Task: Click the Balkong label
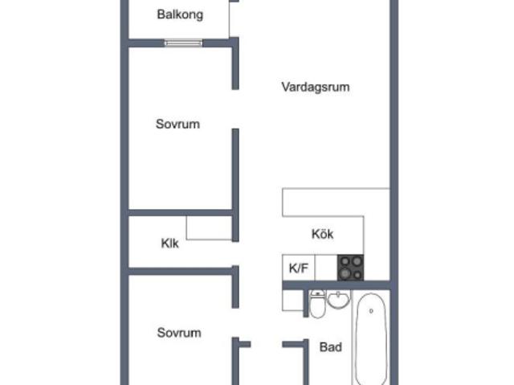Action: (x=180, y=14)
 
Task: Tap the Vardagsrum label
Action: (x=316, y=87)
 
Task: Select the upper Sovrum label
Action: (x=177, y=124)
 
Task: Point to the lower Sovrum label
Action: (x=179, y=333)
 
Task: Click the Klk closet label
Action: (x=169, y=243)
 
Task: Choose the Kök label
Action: (x=322, y=234)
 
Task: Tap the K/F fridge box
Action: (x=298, y=268)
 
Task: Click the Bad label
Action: (x=330, y=347)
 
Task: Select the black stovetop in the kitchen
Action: (x=350, y=268)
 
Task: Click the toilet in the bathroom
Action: (x=317, y=305)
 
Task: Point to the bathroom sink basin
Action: (x=338, y=300)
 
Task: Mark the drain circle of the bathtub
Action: (x=371, y=310)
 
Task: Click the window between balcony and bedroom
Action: (x=183, y=43)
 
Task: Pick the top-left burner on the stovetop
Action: (x=345, y=261)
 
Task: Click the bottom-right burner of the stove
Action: (x=357, y=275)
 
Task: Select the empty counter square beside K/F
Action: (x=326, y=268)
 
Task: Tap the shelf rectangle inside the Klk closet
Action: (x=209, y=227)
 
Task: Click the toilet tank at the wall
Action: (x=317, y=293)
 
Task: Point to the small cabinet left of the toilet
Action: (x=292, y=300)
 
